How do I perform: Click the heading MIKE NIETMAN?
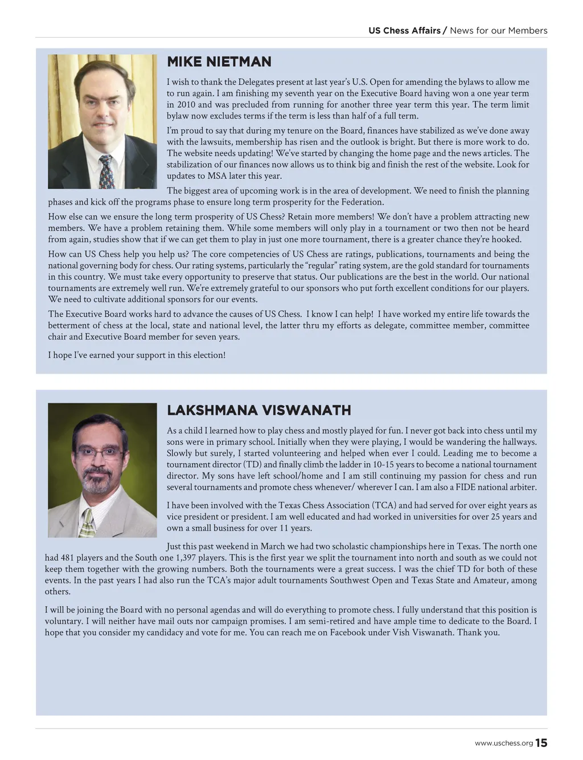click(219, 62)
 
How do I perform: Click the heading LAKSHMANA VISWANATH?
click(259, 410)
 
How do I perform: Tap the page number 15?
click(541, 743)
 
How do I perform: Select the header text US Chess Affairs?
click(404, 31)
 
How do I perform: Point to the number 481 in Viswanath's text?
click(67, 558)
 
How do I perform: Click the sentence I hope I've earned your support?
click(137, 355)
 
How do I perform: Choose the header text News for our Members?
click(499, 31)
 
